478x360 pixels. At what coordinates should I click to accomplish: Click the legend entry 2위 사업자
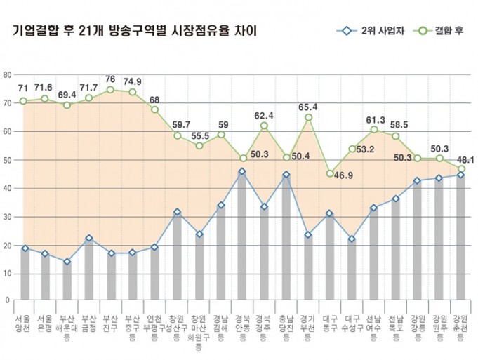click(365, 32)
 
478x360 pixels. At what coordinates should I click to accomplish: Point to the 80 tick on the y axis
click(8, 74)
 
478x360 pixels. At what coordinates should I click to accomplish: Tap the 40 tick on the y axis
click(8, 189)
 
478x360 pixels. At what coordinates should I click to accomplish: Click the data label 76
click(110, 79)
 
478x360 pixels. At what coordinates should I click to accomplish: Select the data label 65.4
click(308, 107)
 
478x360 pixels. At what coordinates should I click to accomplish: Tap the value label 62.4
click(265, 115)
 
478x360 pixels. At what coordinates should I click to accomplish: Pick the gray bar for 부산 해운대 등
click(67, 281)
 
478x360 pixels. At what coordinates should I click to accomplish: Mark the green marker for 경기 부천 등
click(308, 117)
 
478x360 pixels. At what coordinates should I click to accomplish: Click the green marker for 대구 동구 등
click(330, 173)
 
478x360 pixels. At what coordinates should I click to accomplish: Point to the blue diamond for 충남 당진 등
click(286, 175)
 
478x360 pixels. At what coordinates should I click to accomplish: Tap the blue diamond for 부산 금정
click(89, 239)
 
